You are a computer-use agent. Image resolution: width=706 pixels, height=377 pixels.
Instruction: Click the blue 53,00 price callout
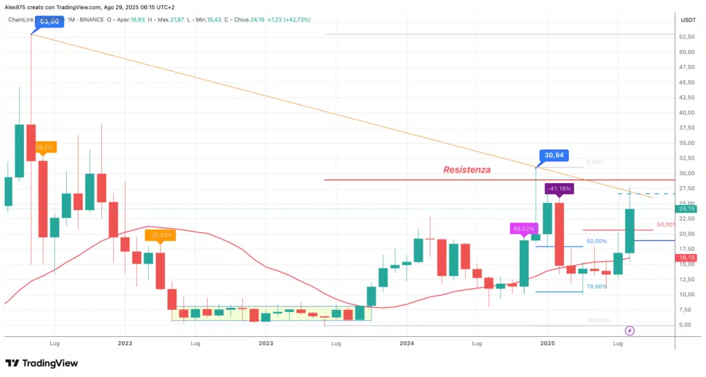(48, 21)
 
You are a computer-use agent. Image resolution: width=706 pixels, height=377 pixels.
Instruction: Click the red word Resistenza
(467, 169)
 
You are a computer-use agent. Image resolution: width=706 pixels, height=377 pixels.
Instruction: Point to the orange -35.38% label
(160, 235)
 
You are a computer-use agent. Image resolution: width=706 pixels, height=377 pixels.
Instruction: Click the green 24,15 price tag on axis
(687, 209)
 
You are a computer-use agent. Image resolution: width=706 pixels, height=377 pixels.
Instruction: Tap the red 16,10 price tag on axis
(687, 258)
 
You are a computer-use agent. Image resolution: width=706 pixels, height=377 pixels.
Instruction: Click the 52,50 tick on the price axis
(686, 52)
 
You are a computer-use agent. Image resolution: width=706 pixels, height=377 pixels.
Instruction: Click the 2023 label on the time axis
(265, 343)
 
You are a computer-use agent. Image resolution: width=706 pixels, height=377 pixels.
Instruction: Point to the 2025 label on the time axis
(547, 343)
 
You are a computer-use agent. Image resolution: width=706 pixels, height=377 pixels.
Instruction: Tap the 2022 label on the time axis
(125, 343)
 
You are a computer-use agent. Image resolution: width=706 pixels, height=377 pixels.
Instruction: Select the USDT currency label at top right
(687, 19)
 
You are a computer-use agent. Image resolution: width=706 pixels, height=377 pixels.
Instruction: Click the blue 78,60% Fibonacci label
(596, 286)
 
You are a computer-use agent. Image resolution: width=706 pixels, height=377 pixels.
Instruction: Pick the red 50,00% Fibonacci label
(665, 224)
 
